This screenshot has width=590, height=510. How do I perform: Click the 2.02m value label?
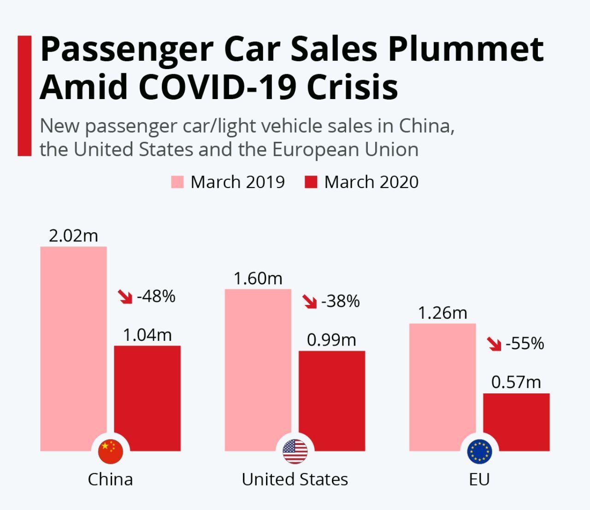pos(73,236)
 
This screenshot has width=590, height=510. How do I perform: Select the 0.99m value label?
pos(331,340)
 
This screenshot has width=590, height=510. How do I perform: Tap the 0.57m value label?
pos(516,382)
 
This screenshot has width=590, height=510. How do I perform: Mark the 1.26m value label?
pos(442,313)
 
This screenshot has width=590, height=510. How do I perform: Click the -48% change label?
pos(156,296)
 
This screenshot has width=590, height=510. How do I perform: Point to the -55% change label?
pos(525,344)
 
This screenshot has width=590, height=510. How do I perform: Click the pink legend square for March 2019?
pos(177,182)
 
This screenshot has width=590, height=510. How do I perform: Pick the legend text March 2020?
pos(371,182)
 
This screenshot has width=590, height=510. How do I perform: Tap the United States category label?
pos(295,480)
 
